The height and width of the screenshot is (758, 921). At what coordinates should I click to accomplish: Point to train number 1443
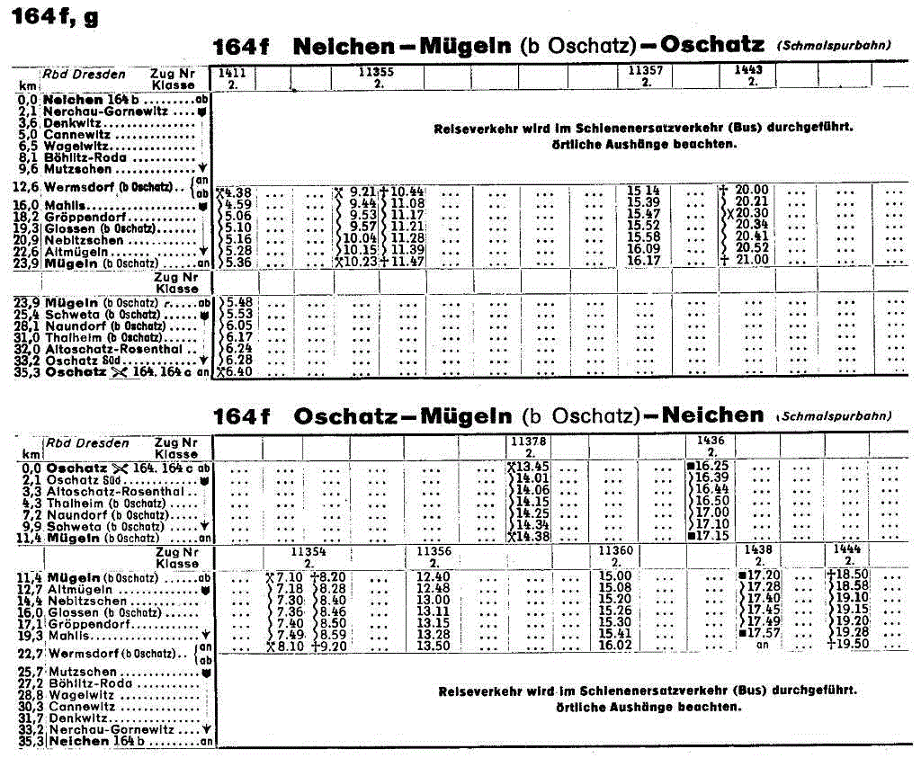[748, 70]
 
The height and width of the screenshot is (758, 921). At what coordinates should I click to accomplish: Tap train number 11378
[528, 441]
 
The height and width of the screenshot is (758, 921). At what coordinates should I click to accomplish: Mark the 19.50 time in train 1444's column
[848, 645]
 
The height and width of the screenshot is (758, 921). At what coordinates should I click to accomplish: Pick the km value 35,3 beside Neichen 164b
[31, 741]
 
